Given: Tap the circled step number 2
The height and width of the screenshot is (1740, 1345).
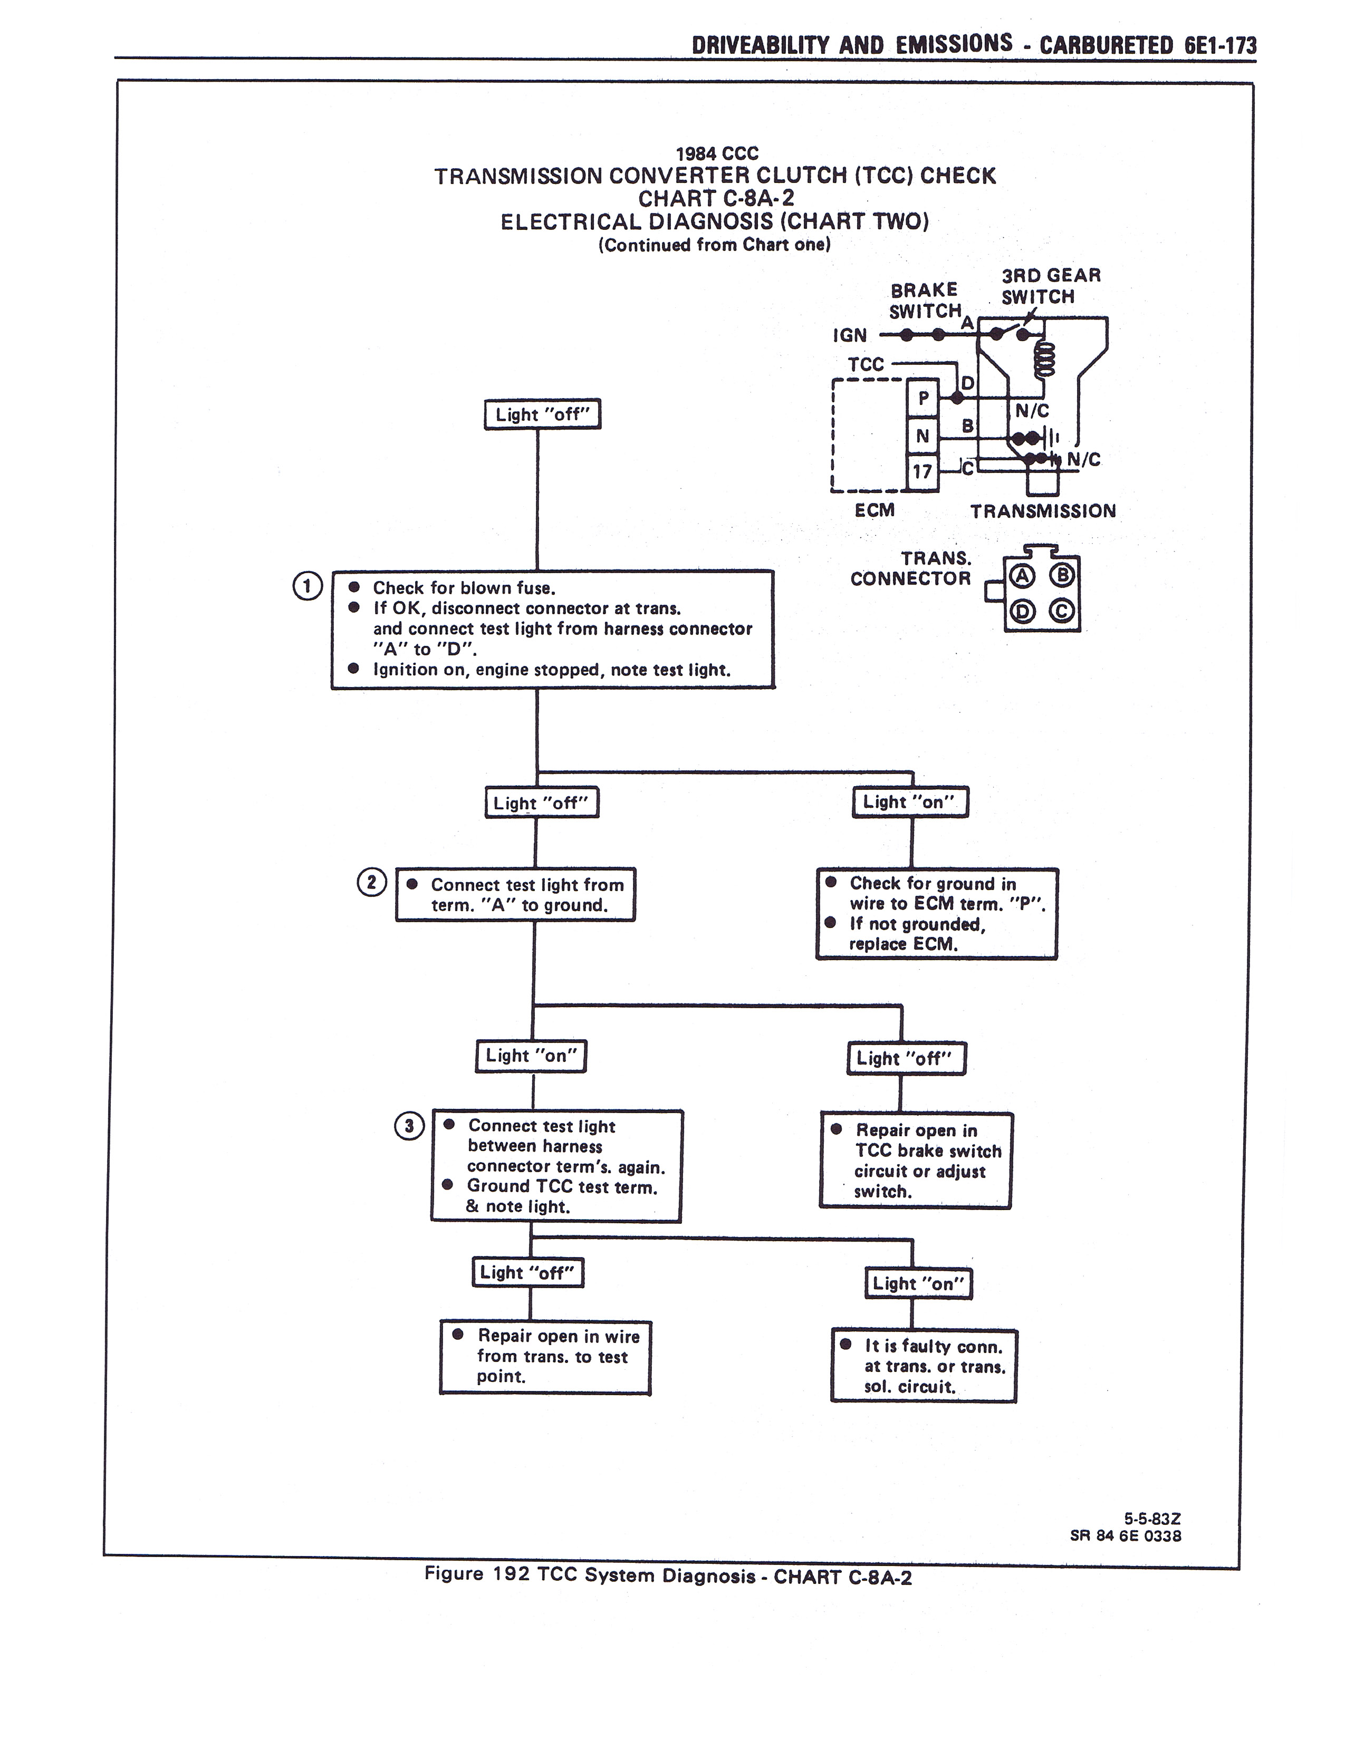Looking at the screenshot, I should pos(371,883).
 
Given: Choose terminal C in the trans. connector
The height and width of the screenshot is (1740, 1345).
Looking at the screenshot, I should pos(1063,612).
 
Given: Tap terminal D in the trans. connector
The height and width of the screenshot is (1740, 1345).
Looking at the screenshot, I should pos(1022,612).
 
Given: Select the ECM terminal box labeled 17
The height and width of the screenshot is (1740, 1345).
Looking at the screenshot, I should pos(923,472).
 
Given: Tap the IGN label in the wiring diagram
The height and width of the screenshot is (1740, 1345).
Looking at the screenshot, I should pos(850,335).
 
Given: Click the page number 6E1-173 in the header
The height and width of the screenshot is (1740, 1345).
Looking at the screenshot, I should pos(1220,45).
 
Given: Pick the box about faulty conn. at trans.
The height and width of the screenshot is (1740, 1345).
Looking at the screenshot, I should pos(924,1366).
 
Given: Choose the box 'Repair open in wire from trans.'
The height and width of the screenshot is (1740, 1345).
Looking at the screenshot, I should pos(545,1356).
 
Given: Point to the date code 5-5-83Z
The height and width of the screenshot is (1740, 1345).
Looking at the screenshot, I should pos(1152,1519).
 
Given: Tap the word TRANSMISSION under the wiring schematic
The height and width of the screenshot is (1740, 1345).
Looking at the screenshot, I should pos(1043,511).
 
